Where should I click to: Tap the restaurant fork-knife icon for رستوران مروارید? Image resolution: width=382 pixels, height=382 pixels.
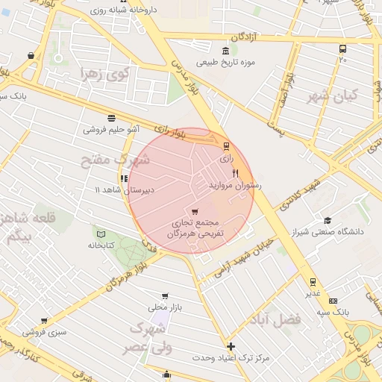236,173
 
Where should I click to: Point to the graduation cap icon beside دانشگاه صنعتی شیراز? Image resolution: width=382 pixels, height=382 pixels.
328,220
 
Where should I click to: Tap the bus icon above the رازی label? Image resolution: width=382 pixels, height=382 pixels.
226,147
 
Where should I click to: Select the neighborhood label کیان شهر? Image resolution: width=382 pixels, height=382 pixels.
333,96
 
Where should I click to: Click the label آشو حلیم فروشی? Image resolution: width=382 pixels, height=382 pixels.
110,129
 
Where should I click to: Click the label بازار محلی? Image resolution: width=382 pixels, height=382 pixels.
165,307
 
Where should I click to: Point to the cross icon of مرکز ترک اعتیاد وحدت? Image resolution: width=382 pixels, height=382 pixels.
231,346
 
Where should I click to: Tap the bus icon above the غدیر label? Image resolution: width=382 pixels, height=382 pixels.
313,281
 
